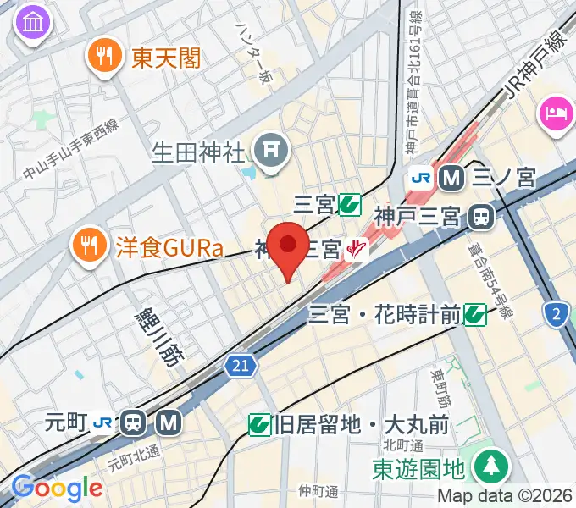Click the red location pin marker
point(289,246)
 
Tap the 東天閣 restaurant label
point(166,58)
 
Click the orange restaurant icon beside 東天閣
point(105,57)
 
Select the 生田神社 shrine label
point(197,153)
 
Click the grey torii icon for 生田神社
point(273,151)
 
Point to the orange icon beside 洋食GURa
point(88,245)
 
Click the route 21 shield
point(241,365)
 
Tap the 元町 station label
point(69,422)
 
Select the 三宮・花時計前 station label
point(385,316)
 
